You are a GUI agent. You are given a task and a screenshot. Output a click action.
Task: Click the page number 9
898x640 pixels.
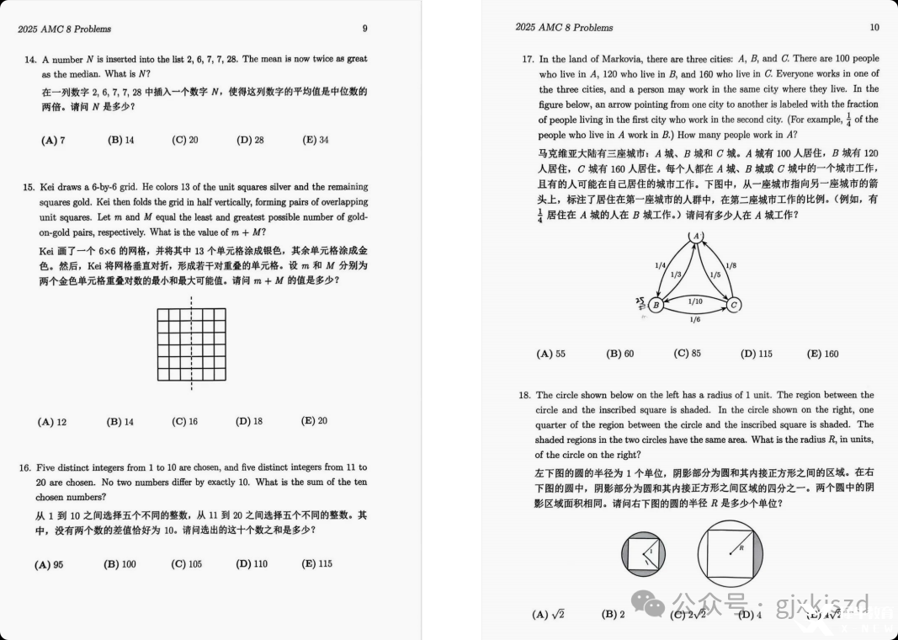[364, 29]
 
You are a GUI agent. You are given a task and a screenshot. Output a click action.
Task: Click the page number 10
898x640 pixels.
[874, 28]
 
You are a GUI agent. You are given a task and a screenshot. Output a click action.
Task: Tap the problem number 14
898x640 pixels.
[29, 60]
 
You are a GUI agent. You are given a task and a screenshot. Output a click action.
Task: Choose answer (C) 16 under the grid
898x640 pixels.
[184, 421]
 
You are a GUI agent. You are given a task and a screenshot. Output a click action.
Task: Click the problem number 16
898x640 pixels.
[29, 467]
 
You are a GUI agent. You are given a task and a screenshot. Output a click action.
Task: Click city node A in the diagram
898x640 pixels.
[695, 238]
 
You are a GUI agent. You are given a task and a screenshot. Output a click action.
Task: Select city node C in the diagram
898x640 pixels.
[733, 304]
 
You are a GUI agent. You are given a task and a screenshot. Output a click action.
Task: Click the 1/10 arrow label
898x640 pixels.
[695, 301]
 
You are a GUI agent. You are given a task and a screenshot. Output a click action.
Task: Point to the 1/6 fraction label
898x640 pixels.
[695, 320]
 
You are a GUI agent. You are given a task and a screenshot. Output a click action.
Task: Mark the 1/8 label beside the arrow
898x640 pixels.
[731, 265]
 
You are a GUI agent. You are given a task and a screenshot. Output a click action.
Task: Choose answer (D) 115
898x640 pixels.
[756, 354]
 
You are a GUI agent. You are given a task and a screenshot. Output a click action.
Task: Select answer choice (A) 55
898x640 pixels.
[550, 354]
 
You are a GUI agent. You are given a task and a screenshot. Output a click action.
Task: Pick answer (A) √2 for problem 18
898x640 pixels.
[548, 614]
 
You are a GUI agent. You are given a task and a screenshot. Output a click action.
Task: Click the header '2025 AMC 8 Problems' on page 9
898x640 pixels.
[64, 29]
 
